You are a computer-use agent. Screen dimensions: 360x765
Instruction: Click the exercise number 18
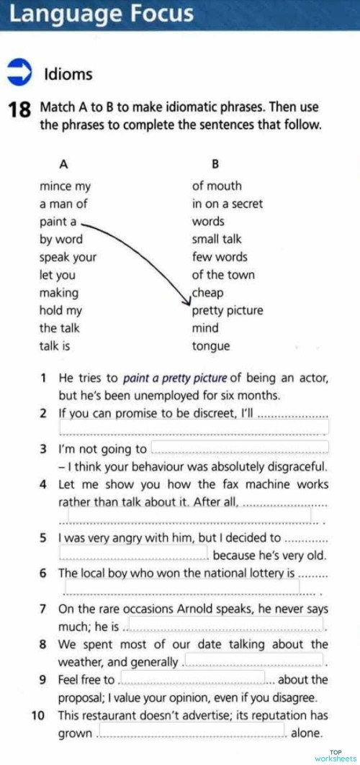[x=19, y=110]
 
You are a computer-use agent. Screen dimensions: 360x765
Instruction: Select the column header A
[x=63, y=163]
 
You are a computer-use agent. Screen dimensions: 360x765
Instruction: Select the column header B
[x=215, y=163]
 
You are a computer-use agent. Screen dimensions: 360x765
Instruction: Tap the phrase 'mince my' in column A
[x=65, y=186]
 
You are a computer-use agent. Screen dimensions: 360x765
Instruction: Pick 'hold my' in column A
[x=60, y=311]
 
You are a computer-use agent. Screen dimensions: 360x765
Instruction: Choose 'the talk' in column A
[x=59, y=328]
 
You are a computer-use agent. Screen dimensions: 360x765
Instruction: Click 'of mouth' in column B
[x=217, y=186]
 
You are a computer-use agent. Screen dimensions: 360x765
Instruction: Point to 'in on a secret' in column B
[x=227, y=204]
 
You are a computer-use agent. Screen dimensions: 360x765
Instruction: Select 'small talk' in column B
[x=217, y=239]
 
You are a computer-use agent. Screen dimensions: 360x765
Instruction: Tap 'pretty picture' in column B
[x=228, y=311]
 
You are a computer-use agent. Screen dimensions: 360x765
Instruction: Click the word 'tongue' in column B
[x=211, y=346]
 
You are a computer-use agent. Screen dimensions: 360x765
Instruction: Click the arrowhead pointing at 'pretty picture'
[x=186, y=302]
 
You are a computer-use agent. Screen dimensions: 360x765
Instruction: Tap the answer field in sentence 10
[x=192, y=733]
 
